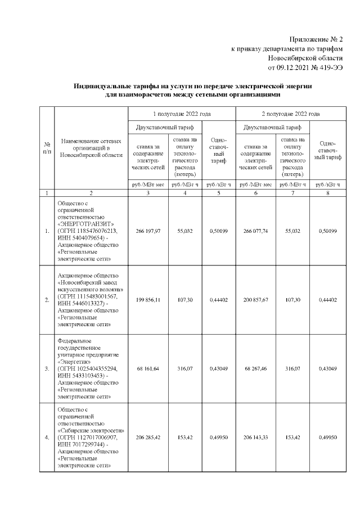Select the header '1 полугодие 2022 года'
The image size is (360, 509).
tap(182, 113)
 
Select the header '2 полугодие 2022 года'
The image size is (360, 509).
tap(290, 113)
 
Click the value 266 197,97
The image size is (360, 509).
tap(148, 230)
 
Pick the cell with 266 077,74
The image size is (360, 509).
tap(256, 230)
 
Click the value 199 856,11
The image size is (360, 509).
tap(148, 300)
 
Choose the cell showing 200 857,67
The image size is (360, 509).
tap(256, 300)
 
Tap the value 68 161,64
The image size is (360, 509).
tap(148, 368)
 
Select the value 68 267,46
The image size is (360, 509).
tap(256, 368)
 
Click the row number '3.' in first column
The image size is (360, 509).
tap(46, 368)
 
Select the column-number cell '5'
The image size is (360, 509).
tap(218, 192)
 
